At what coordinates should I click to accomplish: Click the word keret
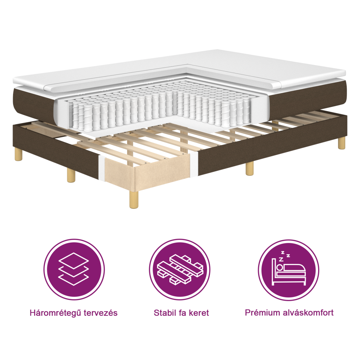pos(199,313)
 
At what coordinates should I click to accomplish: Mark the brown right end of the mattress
pos(309,102)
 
